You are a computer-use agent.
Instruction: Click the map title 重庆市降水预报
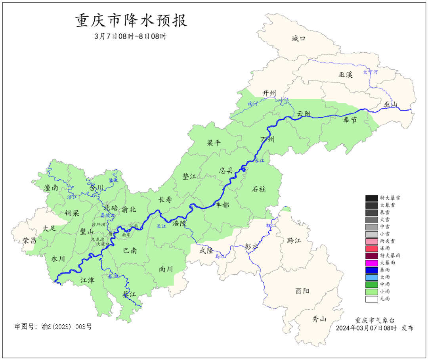pos(131,21)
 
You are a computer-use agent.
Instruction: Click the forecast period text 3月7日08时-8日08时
pos(131,36)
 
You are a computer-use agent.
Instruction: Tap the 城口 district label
pos(299,38)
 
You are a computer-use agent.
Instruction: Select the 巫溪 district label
pos(345,74)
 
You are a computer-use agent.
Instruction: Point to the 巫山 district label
pos(390,104)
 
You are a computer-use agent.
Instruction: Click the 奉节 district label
pos(350,120)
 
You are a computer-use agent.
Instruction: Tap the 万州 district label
pos(267,140)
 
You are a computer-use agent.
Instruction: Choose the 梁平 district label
pos(214,143)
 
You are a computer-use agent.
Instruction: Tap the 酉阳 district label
pos(302,291)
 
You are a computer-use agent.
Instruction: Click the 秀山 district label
pos(319,319)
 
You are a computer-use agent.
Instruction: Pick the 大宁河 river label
pos(371,72)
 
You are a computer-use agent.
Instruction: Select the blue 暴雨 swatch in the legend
pos(371,270)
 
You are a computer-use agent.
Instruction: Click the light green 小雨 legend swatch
pos(371,291)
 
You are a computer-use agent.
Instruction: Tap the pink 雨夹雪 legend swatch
pos(371,241)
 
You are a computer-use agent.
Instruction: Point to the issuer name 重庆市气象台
pos(374,320)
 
